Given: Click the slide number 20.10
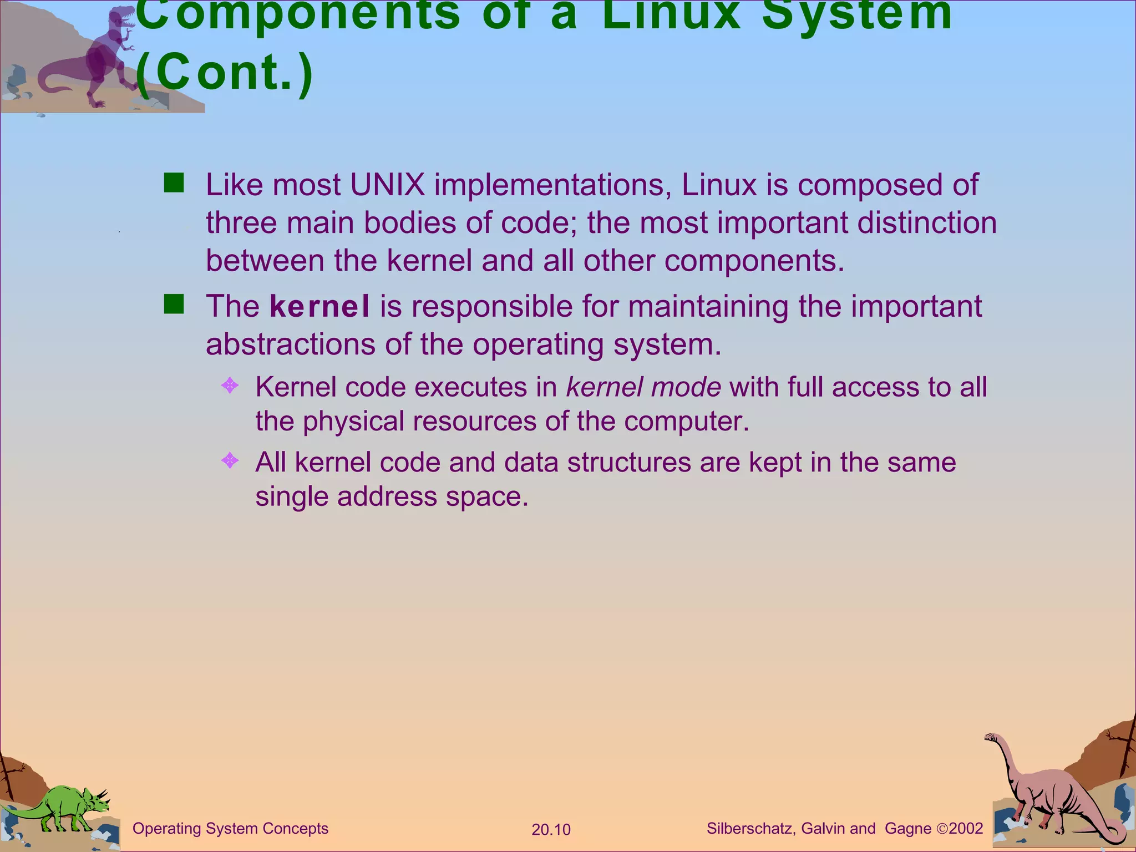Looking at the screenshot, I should coord(551,830).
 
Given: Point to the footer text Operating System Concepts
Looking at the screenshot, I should coord(230,829).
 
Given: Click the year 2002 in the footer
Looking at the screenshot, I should coord(966,829).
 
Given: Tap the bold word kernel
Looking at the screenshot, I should coord(319,307).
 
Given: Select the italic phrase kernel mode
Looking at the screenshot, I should coord(643,387).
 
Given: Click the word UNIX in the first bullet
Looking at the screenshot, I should coord(387,185).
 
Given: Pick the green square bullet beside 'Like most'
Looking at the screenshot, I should coord(174,182).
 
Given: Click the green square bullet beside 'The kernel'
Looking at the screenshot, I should coord(174,305).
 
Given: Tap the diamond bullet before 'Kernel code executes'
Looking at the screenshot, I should coord(230,385).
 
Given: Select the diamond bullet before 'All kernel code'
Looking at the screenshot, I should coord(230,460).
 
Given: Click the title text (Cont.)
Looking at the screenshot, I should coord(225,73).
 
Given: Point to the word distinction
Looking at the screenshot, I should coord(927,223).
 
